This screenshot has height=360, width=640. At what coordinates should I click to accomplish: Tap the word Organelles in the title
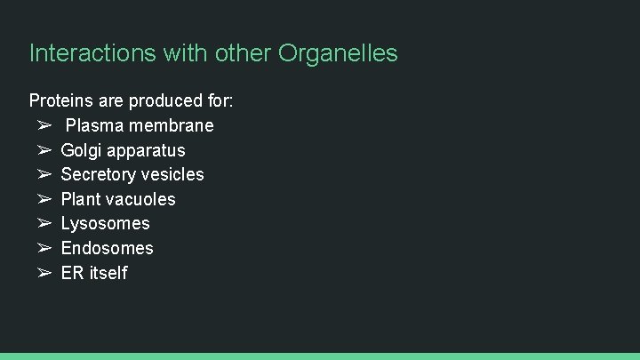[x=338, y=53]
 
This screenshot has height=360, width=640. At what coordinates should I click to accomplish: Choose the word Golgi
[x=80, y=150]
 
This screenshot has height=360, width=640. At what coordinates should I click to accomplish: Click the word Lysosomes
[x=105, y=223]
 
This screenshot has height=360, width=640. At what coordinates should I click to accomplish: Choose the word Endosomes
[x=107, y=248]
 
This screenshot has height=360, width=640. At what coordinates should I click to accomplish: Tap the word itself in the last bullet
[x=108, y=273]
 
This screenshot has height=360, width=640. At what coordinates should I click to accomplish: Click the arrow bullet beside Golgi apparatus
[x=44, y=150]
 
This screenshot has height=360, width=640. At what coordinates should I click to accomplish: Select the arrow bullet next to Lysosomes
[x=44, y=223]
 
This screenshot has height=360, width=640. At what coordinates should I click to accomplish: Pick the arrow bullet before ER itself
[x=44, y=273]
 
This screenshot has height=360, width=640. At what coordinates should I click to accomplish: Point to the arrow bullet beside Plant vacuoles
[x=44, y=199]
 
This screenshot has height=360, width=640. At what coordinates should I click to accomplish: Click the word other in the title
[x=243, y=53]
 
